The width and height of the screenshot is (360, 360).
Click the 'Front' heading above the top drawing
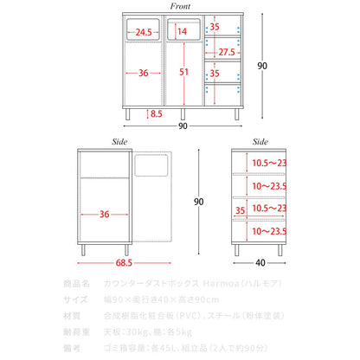[x=180, y=6]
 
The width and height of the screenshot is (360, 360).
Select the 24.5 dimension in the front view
[x=144, y=32]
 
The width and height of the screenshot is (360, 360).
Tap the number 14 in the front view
[x=182, y=31]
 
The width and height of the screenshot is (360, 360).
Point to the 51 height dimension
[x=183, y=72]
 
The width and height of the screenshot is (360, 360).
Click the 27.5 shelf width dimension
[x=227, y=52]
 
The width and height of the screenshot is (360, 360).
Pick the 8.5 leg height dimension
[x=156, y=114]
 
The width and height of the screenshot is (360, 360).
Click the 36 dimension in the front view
[x=144, y=73]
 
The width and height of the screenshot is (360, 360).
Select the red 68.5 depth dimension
[x=124, y=263]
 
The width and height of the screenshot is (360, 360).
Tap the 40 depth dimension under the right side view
[x=260, y=263]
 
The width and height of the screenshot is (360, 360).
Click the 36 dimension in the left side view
[x=105, y=214]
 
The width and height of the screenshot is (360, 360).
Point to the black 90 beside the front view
[x=262, y=66]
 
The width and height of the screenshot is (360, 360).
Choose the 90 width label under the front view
[x=183, y=126]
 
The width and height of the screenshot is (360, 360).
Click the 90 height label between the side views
[x=199, y=202]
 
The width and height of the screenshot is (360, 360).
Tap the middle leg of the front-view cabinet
[x=183, y=114]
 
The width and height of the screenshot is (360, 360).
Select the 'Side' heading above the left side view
[x=119, y=142]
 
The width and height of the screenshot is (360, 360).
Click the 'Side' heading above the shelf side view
[x=260, y=142]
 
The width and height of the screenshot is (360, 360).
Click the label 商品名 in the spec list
[x=76, y=284]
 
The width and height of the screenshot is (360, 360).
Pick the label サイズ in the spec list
[x=75, y=299]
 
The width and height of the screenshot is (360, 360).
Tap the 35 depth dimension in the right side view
[x=240, y=210]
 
